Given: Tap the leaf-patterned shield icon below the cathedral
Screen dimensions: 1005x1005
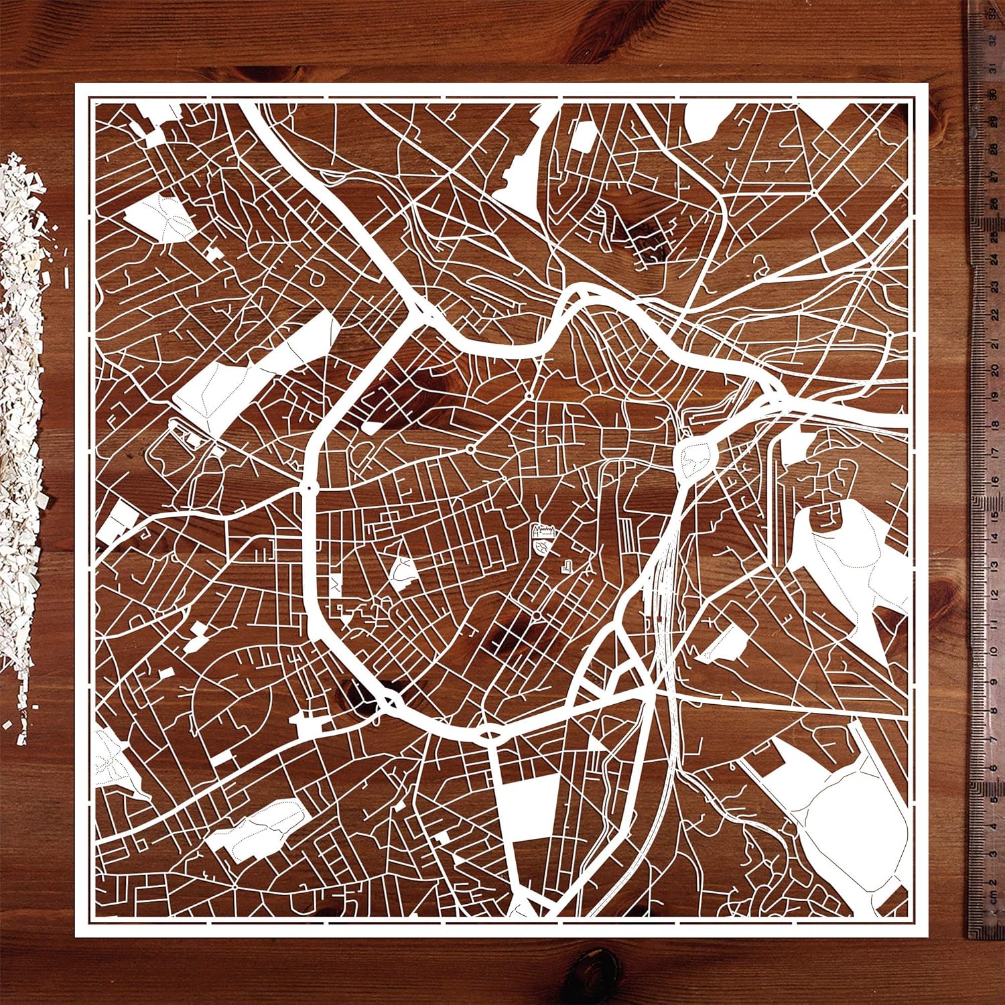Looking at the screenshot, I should click(x=541, y=549).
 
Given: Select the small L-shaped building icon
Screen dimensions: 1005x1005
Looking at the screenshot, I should click(x=566, y=565).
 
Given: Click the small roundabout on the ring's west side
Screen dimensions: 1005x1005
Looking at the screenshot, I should click(x=309, y=488).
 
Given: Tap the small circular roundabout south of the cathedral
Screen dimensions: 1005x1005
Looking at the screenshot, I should click(x=537, y=614).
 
